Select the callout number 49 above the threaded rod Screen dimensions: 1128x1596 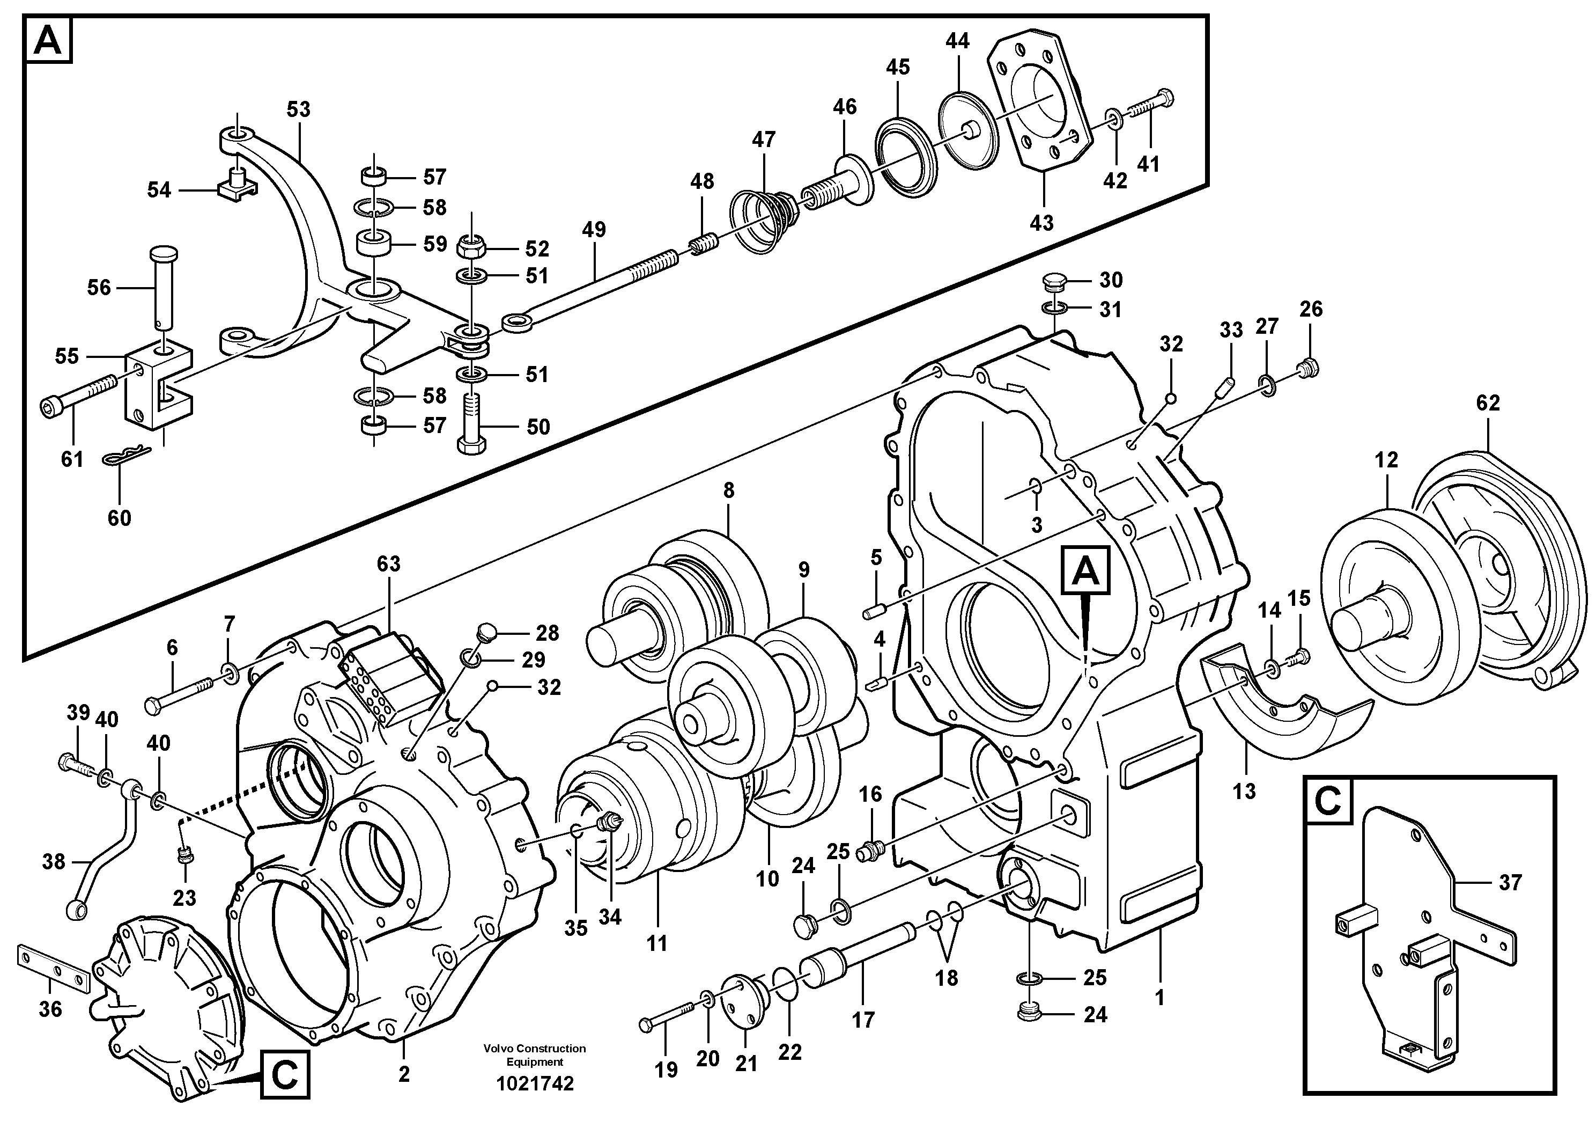coord(594,230)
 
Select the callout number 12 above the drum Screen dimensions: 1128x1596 coord(1386,460)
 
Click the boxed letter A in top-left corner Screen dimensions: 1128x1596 coord(48,41)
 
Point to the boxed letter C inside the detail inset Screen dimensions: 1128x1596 coord(1328,801)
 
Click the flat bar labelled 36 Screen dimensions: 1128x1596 coord(54,968)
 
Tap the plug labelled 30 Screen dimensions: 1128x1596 coord(1054,282)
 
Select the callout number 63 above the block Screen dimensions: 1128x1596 coord(389,563)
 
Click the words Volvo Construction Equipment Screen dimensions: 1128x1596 coord(535,1054)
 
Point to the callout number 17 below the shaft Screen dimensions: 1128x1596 coord(863,1020)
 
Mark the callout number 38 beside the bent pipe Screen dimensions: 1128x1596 coord(54,862)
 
